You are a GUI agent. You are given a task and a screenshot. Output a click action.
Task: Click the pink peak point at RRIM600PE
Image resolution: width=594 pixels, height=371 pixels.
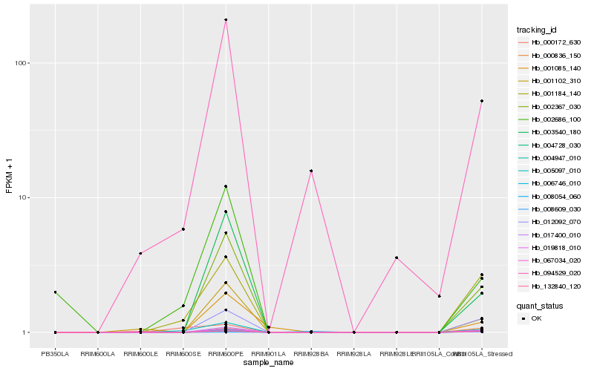pos(226,20)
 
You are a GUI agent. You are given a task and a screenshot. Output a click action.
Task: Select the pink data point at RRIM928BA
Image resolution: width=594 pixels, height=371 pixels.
pos(311,171)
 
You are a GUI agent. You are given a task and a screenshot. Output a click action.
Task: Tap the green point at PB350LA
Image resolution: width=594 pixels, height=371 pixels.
pos(55,292)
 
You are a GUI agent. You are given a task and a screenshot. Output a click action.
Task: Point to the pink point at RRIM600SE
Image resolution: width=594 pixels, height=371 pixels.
pos(183,229)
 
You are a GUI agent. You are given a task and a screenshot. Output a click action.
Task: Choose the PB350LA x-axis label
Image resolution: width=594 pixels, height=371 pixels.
pos(55,353)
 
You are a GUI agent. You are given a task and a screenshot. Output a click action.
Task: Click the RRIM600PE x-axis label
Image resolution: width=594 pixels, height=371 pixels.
pos(226,353)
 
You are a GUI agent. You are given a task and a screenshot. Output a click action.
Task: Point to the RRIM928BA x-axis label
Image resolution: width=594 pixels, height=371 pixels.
pos(311,353)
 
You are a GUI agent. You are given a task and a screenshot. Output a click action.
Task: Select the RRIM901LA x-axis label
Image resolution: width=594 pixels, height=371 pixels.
pos(268,353)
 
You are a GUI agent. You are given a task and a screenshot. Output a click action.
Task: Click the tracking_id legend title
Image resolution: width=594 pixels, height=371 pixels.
pos(537,30)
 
